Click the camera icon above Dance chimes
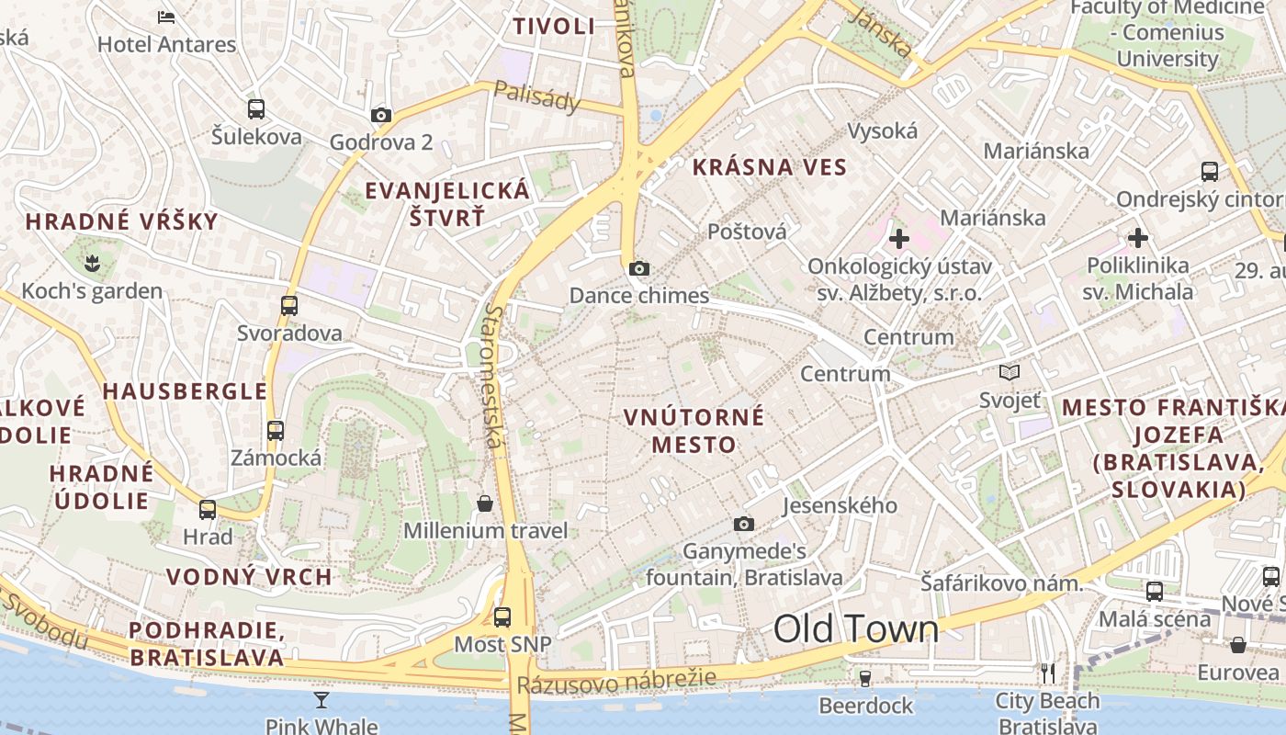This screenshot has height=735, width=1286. tap(639, 269)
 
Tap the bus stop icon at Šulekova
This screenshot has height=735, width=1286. tap(256, 109)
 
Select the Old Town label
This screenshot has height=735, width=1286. tap(856, 629)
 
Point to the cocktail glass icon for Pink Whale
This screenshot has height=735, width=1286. tap(321, 700)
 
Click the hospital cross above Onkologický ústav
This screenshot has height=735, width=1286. tap(899, 240)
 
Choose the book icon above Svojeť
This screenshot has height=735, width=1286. tap(1010, 373)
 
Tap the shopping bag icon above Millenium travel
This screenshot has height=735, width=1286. tap(484, 503)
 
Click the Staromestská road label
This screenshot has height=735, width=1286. tap(495, 377)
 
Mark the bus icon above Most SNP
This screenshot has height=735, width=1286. tap(502, 617)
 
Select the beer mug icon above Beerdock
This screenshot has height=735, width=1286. tap(864, 679)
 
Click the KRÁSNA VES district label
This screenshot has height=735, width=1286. tap(769, 167)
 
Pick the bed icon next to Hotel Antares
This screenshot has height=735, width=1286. tap(166, 17)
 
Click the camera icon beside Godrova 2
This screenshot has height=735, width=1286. tap(381, 116)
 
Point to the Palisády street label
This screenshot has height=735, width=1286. tap(537, 96)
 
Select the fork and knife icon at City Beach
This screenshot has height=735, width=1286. tap(1047, 673)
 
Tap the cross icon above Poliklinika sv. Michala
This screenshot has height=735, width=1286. tap(1138, 239)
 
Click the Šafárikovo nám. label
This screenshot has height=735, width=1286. tap(1002, 582)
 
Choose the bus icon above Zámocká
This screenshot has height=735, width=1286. tap(276, 430)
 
